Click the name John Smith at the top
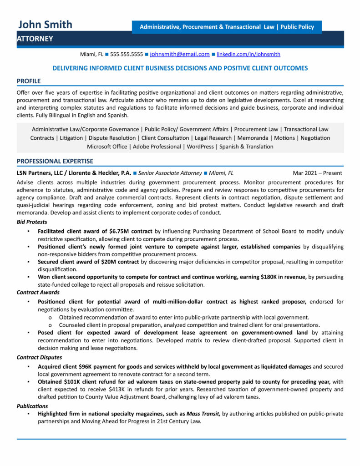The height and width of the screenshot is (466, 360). click(x=45, y=25)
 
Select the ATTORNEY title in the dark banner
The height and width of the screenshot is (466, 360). click(x=35, y=39)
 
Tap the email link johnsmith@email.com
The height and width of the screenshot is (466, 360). click(x=180, y=54)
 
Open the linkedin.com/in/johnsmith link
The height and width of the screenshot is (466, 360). click(x=248, y=54)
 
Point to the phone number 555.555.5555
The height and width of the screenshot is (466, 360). click(x=127, y=54)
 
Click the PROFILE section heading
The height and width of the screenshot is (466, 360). click(x=29, y=81)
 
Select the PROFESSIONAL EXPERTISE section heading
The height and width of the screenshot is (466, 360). click(x=55, y=161)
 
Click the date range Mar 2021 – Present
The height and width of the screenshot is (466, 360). click(x=317, y=173)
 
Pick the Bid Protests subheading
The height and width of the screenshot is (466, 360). click(x=32, y=222)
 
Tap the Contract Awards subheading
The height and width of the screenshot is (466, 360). click(x=38, y=292)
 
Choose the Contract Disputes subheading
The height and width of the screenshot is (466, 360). click(x=40, y=357)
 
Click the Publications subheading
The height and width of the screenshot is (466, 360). click(x=32, y=406)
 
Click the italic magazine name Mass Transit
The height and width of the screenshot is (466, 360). click(x=203, y=414)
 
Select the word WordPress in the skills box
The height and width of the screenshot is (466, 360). click(x=200, y=147)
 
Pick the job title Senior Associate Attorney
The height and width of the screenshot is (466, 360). click(x=170, y=173)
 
